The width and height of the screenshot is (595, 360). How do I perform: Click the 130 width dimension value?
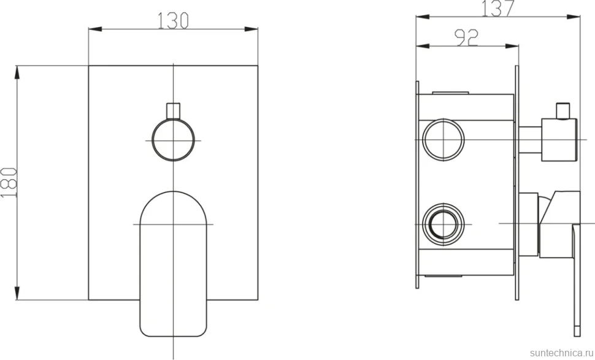pyautogui.click(x=173, y=20)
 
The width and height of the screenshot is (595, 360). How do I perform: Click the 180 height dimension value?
pyautogui.click(x=9, y=183)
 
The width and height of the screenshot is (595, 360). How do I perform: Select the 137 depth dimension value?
pyautogui.click(x=498, y=9)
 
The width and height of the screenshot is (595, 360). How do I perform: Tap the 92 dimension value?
pyautogui.click(x=467, y=37)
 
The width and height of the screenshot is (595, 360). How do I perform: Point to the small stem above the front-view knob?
pyautogui.click(x=174, y=111)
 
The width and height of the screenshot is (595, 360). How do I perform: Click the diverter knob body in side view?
pyautogui.click(x=559, y=140)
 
